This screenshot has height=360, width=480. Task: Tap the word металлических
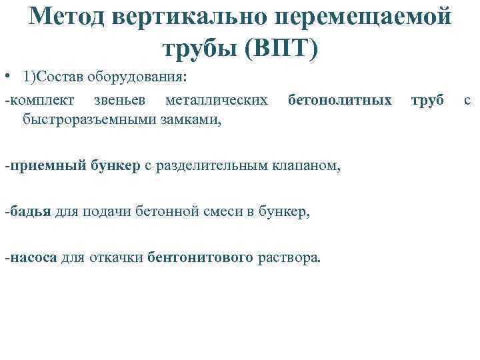[x=217, y=101]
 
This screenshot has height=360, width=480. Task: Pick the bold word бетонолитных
[x=340, y=101]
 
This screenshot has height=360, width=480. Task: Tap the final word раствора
[x=289, y=258]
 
